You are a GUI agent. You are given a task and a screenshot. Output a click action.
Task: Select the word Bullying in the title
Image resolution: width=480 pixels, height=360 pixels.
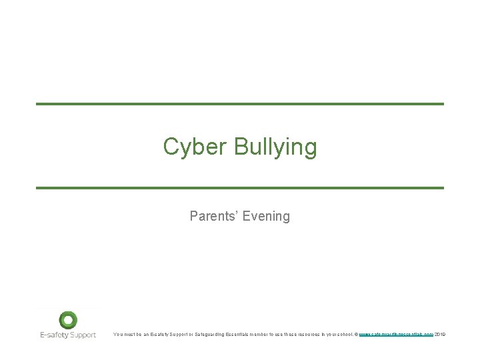coord(275,147)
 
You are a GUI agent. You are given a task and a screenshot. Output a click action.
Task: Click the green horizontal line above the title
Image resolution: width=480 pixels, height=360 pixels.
coord(239,104)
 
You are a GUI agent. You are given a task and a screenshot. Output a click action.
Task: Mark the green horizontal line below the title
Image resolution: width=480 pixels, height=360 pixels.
coord(239,188)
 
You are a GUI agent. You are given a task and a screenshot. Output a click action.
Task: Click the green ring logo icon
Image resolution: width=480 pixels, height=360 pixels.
coord(68,320)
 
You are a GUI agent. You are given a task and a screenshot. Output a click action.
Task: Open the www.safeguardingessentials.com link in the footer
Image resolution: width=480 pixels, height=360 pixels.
coord(396,334)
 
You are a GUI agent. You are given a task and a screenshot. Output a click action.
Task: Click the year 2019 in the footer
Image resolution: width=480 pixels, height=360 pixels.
coord(440,334)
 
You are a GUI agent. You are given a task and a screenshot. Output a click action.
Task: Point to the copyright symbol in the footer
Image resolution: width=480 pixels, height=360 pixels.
coord(356,334)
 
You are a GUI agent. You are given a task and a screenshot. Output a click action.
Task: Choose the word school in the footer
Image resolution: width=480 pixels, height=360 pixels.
coord(344,334)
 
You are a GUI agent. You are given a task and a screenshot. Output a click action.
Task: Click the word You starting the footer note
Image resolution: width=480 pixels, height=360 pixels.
coord(118,334)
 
